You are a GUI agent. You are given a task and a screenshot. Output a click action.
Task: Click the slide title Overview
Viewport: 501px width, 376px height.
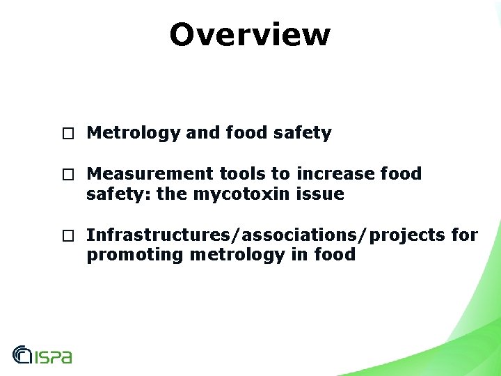250,34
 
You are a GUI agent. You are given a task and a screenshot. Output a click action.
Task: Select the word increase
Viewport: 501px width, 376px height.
328,173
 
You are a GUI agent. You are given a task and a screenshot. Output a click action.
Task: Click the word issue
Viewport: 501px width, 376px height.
326,194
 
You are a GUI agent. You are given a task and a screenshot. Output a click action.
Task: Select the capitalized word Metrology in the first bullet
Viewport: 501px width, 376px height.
133,132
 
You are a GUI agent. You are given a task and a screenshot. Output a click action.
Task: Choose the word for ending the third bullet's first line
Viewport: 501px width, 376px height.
464,235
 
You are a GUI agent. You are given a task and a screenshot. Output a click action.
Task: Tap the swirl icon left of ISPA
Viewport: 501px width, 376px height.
22,355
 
